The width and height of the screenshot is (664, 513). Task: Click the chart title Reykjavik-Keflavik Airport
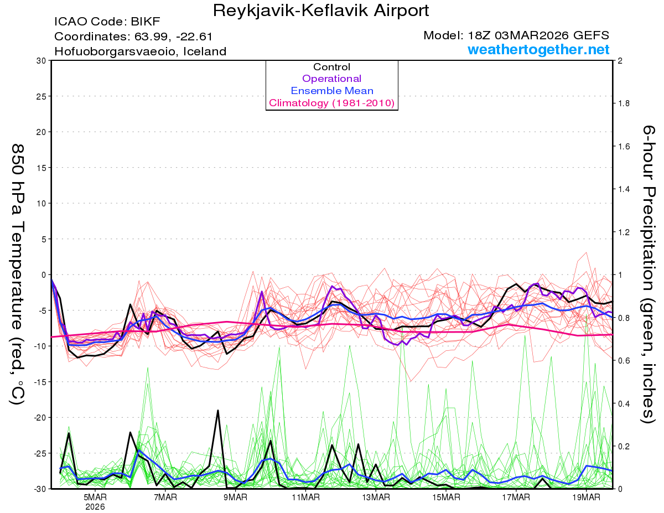point(320,11)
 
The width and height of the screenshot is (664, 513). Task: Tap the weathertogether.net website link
point(538,50)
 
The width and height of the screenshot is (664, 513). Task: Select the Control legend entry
point(331,67)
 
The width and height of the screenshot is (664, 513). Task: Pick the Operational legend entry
point(331,79)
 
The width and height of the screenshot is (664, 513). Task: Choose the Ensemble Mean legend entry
point(331,91)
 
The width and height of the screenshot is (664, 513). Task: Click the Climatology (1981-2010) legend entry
point(331,103)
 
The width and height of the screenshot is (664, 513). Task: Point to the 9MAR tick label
point(235,498)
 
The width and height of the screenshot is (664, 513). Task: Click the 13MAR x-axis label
point(376,498)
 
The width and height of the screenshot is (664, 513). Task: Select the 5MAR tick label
point(95,498)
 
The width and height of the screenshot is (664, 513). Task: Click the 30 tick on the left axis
point(40,60)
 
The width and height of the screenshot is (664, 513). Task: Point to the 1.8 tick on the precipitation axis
point(624,103)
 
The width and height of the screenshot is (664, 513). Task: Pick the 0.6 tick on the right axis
point(624,361)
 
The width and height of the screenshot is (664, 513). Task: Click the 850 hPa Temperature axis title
point(17,274)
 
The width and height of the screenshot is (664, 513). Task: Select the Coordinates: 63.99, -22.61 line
point(133,37)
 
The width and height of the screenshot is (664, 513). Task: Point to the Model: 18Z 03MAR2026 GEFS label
point(516,35)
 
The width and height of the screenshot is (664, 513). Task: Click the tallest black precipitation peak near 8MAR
point(218,411)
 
